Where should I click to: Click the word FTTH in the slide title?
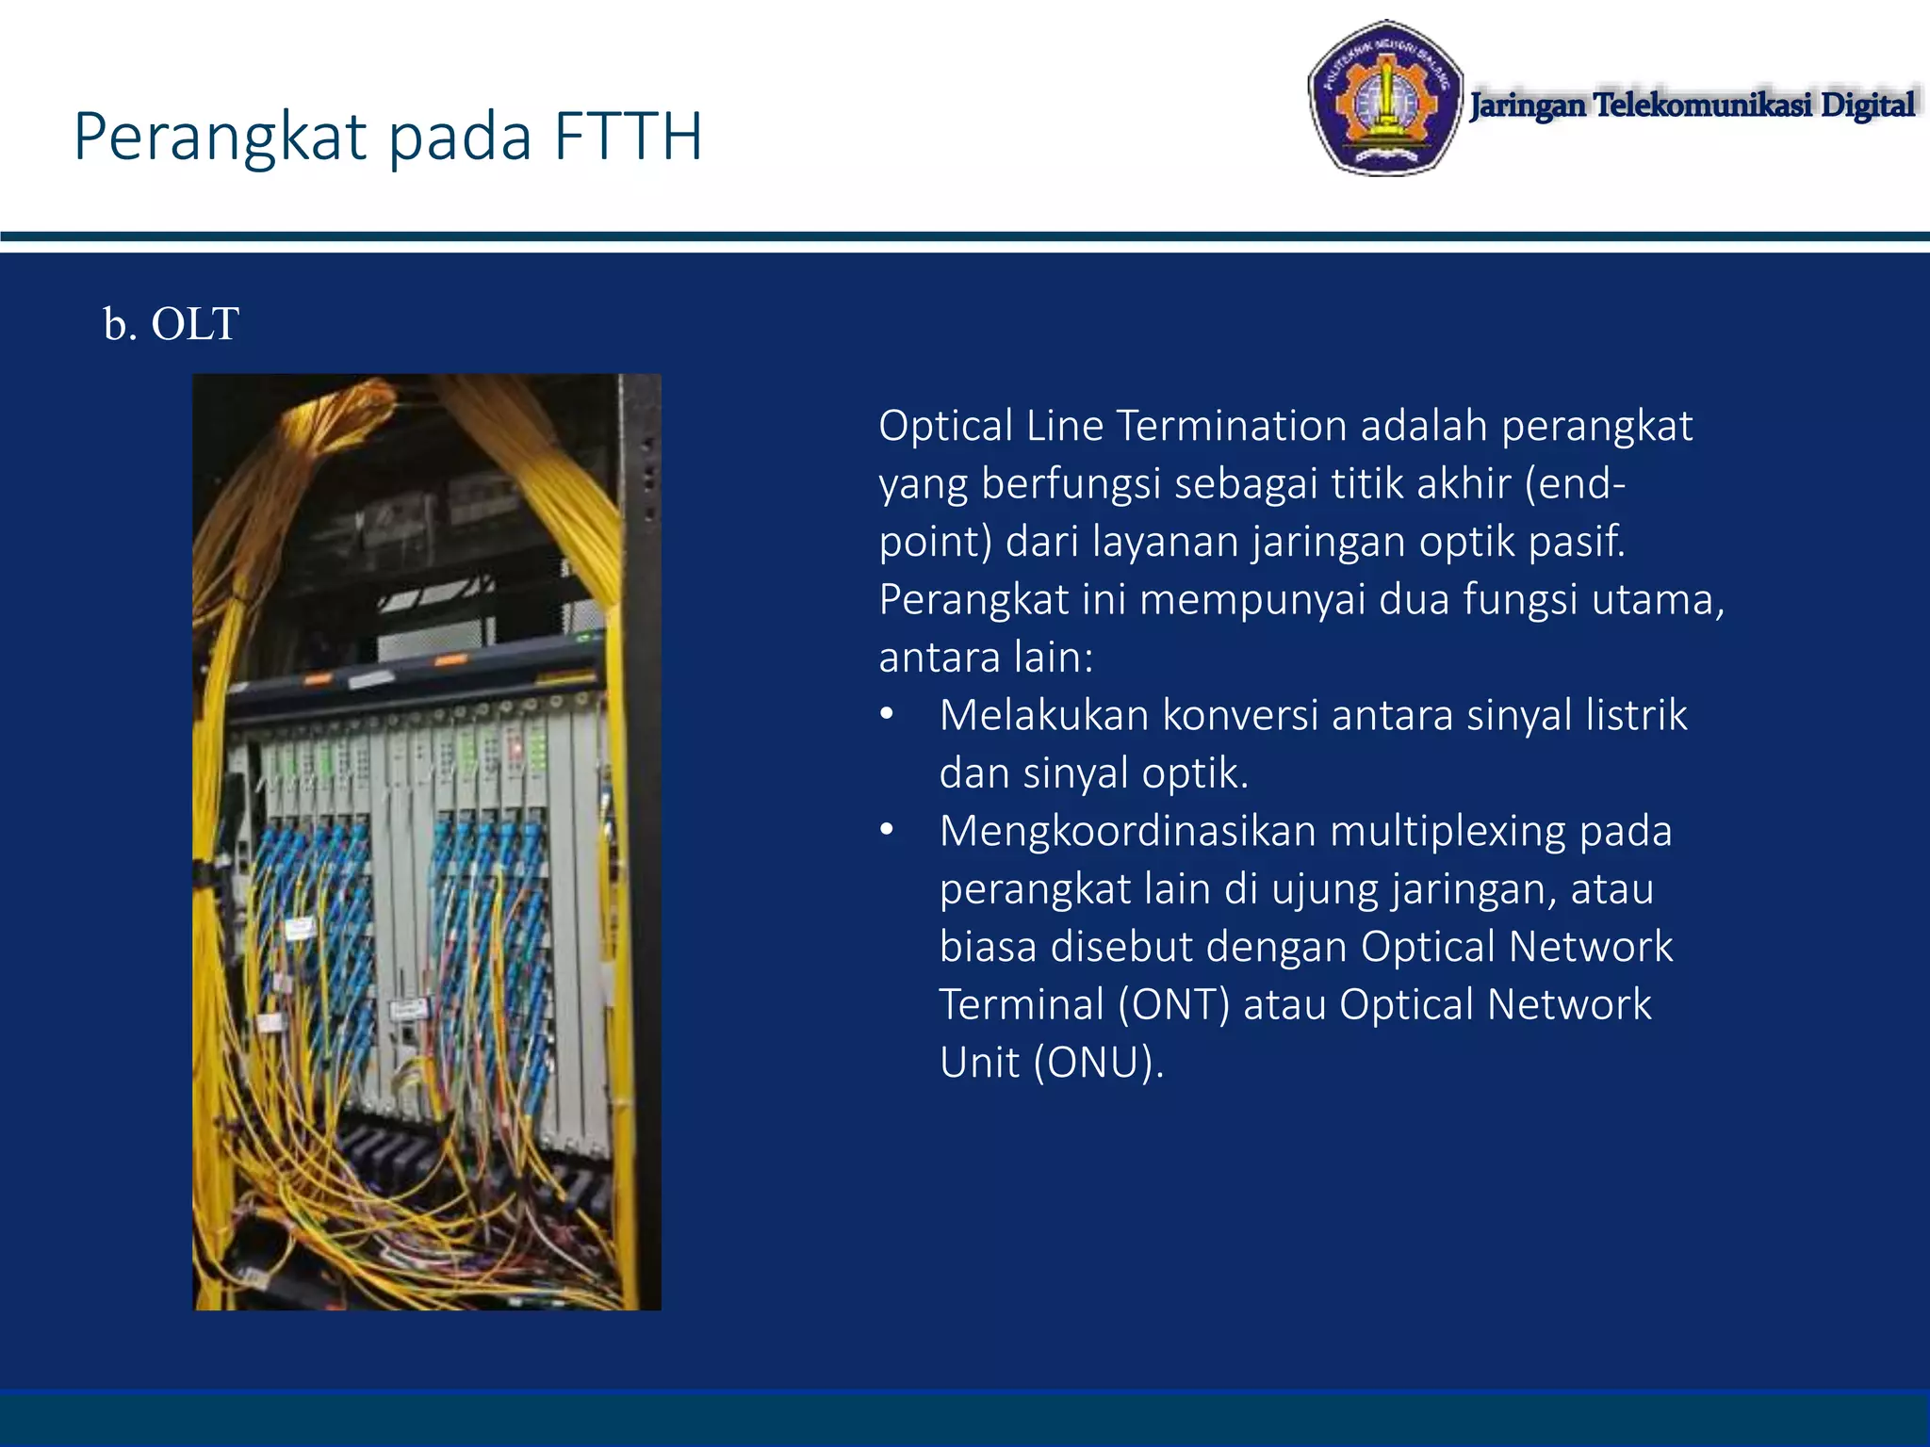point(628,138)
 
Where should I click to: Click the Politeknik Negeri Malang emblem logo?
point(1383,98)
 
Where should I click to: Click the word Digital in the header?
point(1867,105)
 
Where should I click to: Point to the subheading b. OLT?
point(171,324)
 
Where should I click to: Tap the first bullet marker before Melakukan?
point(886,715)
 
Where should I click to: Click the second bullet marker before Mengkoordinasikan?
point(886,831)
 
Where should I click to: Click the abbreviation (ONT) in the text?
point(1174,1005)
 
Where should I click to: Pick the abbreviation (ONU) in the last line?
point(1099,1063)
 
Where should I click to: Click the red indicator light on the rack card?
point(515,751)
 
